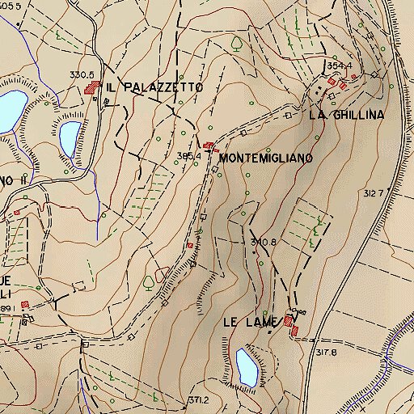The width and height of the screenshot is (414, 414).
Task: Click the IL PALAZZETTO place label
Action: point(154,86)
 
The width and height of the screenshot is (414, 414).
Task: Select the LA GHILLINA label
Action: point(345,115)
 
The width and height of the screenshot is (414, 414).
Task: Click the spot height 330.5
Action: point(82,74)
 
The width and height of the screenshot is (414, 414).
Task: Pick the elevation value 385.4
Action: point(188,155)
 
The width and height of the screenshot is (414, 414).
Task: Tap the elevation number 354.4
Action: point(341,65)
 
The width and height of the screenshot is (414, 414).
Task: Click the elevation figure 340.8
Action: point(264,242)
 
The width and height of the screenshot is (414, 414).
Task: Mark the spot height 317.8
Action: point(326,352)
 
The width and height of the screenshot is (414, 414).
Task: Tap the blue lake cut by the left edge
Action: point(10,109)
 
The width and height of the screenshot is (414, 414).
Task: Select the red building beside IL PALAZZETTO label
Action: point(91,88)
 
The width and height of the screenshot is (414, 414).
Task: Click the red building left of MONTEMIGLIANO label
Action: point(209,146)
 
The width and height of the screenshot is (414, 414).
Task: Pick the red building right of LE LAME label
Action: point(289,324)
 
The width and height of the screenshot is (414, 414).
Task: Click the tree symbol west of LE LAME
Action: point(149,282)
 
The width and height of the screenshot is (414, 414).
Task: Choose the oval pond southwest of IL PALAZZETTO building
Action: point(70,137)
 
